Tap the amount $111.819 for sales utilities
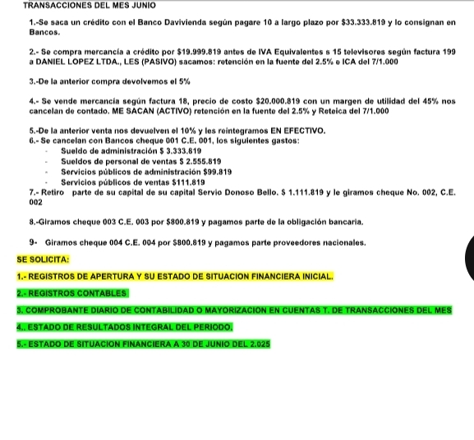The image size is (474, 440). (x=187, y=181)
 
